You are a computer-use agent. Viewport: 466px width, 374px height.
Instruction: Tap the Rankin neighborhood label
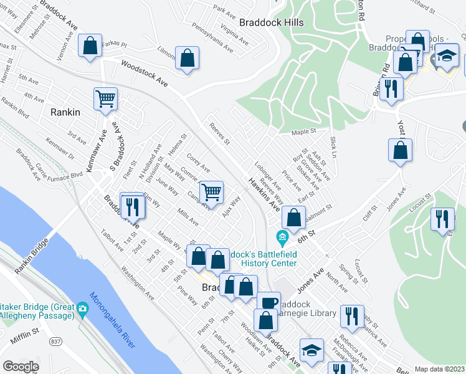[65, 112]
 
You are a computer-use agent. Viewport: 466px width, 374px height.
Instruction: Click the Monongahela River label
[112, 324]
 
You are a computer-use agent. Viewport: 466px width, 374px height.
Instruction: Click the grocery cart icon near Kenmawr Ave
[106, 98]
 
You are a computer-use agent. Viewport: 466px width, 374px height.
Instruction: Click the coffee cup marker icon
[269, 303]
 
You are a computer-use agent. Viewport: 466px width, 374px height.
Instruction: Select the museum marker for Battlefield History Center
[282, 237]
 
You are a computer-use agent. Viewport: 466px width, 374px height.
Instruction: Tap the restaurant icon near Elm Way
[132, 206]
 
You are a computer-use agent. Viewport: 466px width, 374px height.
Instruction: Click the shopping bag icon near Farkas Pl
[90, 46]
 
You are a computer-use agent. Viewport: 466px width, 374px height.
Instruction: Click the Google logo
[21, 367]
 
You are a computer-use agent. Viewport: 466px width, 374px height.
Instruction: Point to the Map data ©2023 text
[439, 369]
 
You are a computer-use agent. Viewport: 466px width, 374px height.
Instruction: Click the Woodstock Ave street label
[145, 73]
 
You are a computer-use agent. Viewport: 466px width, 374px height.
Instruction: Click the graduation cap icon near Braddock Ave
[311, 350]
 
